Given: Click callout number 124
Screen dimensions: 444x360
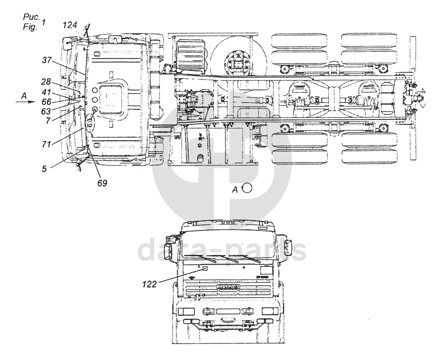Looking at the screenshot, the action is pyautogui.click(x=70, y=25).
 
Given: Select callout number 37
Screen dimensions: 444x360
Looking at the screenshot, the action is pyautogui.click(x=47, y=60).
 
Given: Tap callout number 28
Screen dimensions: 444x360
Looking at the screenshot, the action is pyautogui.click(x=46, y=82).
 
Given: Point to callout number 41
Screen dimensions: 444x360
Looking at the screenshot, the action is pyautogui.click(x=46, y=92).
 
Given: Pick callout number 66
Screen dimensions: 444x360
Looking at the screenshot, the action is pyautogui.click(x=46, y=101).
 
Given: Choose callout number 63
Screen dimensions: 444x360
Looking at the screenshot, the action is pyautogui.click(x=46, y=111).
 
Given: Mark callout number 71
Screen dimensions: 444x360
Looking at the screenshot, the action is pyautogui.click(x=46, y=144).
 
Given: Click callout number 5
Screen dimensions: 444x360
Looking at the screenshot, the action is pyautogui.click(x=44, y=169).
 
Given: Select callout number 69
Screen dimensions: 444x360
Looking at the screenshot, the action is pyautogui.click(x=102, y=183).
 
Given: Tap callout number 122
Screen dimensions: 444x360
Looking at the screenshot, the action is pyautogui.click(x=149, y=284).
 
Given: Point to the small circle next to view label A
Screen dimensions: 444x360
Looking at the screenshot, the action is pyautogui.click(x=247, y=188).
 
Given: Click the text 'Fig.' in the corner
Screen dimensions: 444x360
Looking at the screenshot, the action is pyautogui.click(x=30, y=27).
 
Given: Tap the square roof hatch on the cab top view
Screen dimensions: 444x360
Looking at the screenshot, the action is pyautogui.click(x=111, y=97).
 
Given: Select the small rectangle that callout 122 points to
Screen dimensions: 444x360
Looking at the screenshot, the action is pyautogui.click(x=205, y=268).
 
